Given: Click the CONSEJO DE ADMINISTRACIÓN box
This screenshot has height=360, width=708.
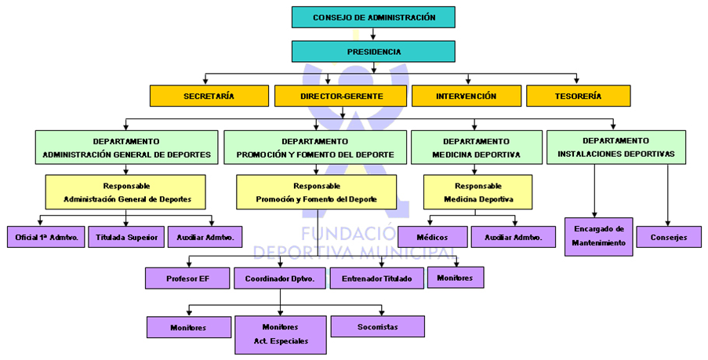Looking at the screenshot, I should (373, 16).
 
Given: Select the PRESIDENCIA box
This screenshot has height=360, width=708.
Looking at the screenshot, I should (373, 52).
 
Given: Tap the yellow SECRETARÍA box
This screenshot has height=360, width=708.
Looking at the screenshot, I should (209, 96).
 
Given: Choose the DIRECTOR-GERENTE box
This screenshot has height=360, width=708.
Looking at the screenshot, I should (340, 96).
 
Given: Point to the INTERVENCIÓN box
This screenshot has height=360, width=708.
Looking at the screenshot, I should (466, 96).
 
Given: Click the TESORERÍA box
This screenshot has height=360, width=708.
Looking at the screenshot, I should (577, 96).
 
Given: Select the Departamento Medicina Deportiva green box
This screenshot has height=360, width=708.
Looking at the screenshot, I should (476, 147).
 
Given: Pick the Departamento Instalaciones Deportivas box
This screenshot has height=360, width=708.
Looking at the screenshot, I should (615, 147).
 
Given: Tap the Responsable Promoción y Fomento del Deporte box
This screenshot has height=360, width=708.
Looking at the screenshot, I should (316, 192).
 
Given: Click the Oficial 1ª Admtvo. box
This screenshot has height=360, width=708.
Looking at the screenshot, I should (46, 236).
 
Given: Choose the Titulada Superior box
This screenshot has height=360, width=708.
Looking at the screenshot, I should (126, 236).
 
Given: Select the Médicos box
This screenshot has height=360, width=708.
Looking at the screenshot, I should (432, 236).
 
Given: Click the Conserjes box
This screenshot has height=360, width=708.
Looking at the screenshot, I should (669, 236).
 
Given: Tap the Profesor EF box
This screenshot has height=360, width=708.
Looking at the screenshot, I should (187, 278).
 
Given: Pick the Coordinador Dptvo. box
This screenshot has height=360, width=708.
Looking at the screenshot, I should (280, 278).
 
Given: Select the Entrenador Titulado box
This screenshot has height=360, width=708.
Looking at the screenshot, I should (376, 278).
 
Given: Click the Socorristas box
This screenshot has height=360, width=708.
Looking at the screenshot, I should (377, 326).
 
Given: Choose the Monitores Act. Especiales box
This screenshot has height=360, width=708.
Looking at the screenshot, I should (280, 334).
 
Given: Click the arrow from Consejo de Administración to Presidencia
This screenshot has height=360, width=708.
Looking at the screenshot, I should (373, 34).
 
